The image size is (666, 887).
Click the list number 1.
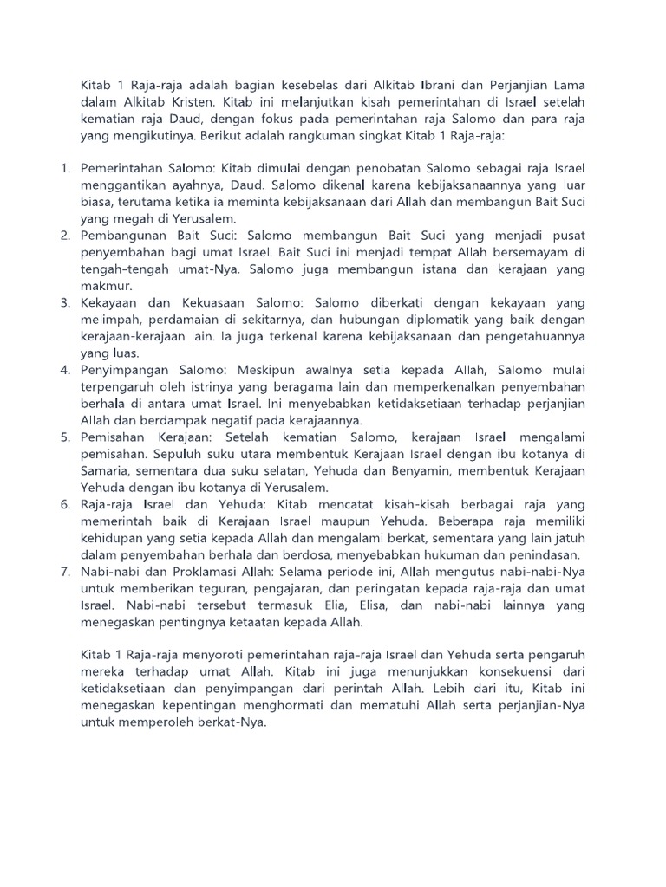65,168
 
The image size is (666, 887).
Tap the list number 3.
65,302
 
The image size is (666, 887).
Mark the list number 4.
65,369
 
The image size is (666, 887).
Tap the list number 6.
65,503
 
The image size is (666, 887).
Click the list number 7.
65,571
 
